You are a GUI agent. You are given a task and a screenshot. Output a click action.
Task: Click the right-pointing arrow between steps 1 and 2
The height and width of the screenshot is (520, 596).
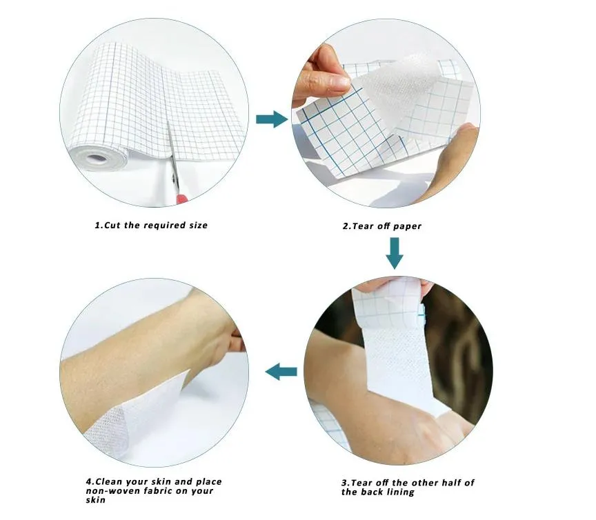pos(271,119)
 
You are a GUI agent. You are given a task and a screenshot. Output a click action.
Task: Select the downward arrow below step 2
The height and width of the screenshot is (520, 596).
pos(394,252)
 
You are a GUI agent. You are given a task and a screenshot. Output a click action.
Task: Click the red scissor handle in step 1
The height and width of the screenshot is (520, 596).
pos(182,198)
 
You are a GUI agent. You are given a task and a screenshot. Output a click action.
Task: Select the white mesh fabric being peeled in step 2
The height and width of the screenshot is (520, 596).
pos(397,83)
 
